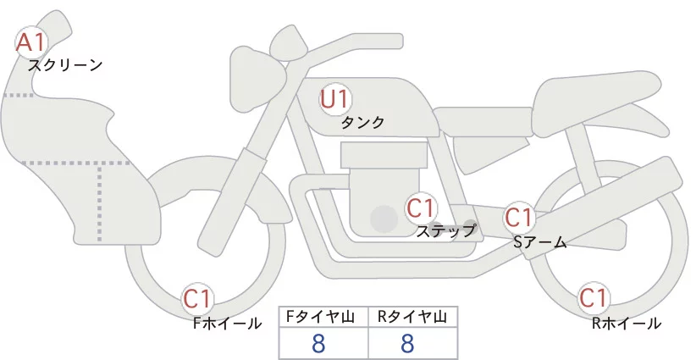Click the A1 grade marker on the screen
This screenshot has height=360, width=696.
(32, 42)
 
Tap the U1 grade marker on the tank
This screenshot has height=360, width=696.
(335, 99)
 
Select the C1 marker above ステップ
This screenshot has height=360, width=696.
(421, 208)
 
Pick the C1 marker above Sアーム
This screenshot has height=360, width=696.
(518, 218)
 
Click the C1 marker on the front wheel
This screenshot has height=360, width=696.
(198, 298)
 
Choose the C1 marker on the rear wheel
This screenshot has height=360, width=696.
(593, 298)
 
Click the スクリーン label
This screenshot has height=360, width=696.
(65, 64)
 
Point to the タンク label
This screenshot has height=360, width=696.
(362, 123)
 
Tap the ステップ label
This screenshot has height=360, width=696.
(446, 230)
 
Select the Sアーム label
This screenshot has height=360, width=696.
(539, 241)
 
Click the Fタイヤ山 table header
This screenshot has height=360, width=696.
(324, 317)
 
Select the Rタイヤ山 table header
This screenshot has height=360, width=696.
(412, 317)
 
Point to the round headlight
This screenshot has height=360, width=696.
(256, 64)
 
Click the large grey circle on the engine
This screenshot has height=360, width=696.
(385, 219)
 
